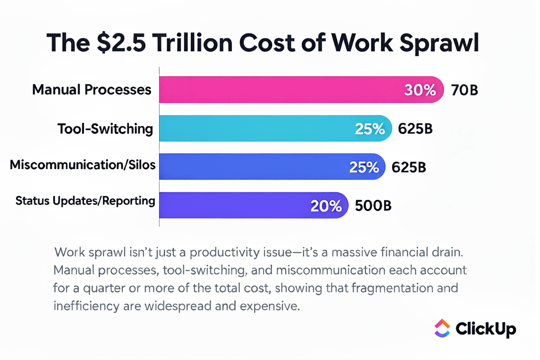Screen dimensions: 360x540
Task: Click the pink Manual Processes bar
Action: (x=281, y=90)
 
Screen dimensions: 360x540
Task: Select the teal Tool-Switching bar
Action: (x=260, y=128)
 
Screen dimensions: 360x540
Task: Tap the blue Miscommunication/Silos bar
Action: (x=255, y=167)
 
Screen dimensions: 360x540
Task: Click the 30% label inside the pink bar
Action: (x=420, y=90)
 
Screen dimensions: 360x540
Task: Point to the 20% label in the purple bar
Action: (x=326, y=206)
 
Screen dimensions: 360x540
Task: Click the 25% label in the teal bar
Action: (x=369, y=129)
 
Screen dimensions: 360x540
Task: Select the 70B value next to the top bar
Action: (x=464, y=90)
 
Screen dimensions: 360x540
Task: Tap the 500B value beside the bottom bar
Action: (x=373, y=206)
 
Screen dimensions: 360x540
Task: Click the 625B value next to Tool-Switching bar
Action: (x=415, y=129)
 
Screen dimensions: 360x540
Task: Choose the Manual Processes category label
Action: (x=92, y=90)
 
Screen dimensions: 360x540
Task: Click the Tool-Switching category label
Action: (x=106, y=129)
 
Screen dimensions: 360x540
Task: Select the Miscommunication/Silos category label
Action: (x=83, y=165)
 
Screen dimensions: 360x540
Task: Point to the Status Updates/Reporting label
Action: (x=85, y=201)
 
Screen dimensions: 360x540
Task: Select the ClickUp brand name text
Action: (x=485, y=329)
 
